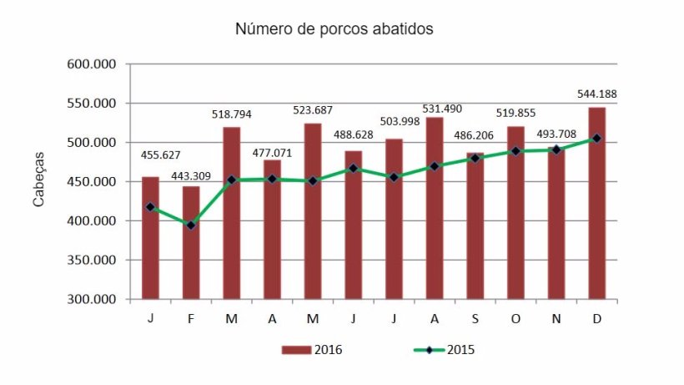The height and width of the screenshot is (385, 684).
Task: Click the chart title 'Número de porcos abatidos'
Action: point(334,29)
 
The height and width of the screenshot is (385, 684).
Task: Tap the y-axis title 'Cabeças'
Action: point(39,181)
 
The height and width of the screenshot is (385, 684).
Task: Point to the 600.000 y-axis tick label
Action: point(93,64)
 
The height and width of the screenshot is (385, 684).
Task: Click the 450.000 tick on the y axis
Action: point(93,182)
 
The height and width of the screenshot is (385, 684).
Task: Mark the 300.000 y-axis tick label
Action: point(93,300)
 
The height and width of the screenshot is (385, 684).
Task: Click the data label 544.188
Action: point(597,94)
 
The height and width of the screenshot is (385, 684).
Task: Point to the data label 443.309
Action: point(191,177)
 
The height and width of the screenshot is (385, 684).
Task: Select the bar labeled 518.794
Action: point(232,213)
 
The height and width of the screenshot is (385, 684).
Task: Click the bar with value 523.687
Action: point(313,211)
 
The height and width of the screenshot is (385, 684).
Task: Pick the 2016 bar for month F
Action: point(191,242)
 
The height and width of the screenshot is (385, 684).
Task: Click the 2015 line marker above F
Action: point(191,225)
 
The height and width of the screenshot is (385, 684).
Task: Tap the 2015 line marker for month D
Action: point(597,139)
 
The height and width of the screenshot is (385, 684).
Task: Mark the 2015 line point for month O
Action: point(516,151)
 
